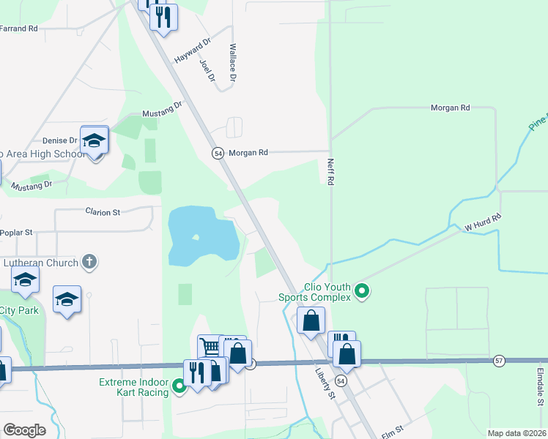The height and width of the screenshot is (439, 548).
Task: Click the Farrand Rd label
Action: [18, 29]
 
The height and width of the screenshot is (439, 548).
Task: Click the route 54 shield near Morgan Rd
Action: [218, 153]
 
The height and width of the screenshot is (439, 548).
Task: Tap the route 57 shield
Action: [499, 361]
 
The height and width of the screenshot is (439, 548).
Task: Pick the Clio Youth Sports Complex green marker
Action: [361, 292]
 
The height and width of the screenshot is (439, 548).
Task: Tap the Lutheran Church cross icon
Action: [89, 261]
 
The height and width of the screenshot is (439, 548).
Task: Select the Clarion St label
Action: [102, 212]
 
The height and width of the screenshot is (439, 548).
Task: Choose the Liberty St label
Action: [326, 385]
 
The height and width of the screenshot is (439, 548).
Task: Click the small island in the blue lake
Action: [196, 238]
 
